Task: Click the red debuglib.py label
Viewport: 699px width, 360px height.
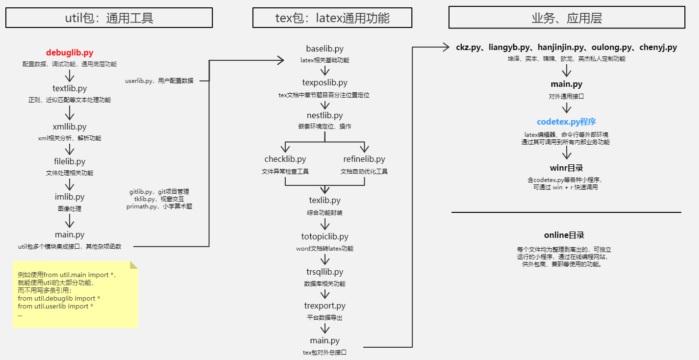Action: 70,52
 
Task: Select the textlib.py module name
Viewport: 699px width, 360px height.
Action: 70,89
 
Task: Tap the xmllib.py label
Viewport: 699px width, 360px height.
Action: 70,127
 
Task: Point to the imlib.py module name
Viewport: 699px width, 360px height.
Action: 70,197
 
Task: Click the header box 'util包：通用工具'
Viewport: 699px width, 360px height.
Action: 109,18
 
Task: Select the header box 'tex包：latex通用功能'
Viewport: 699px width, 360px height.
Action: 333,18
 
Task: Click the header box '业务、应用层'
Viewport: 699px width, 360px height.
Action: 567,18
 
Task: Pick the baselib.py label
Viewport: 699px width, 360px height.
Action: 325,49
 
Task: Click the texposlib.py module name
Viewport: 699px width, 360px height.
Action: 325,83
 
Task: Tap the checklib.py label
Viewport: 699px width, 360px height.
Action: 285,159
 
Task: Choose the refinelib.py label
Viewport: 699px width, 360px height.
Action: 364,159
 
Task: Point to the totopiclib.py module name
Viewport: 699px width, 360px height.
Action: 325,237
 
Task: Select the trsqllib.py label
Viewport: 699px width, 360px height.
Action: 325,272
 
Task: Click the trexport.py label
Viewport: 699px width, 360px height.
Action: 325,306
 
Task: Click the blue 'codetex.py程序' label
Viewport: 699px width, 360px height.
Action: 566,122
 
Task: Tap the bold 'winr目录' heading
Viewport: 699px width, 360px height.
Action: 566,168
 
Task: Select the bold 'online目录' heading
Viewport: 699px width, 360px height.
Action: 564,235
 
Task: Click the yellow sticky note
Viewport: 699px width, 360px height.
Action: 75,295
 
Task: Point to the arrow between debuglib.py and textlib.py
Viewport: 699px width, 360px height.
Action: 70,76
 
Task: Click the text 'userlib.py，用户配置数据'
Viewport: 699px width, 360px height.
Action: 159,81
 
